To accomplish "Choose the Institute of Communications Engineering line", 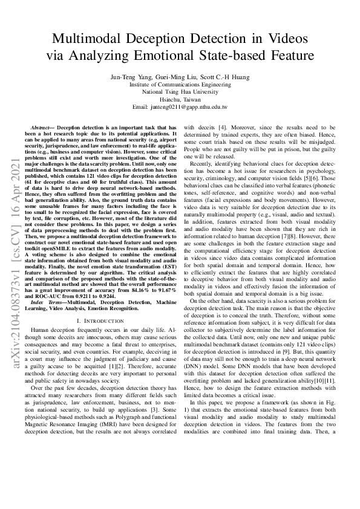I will pyautogui.click(x=179, y=86).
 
